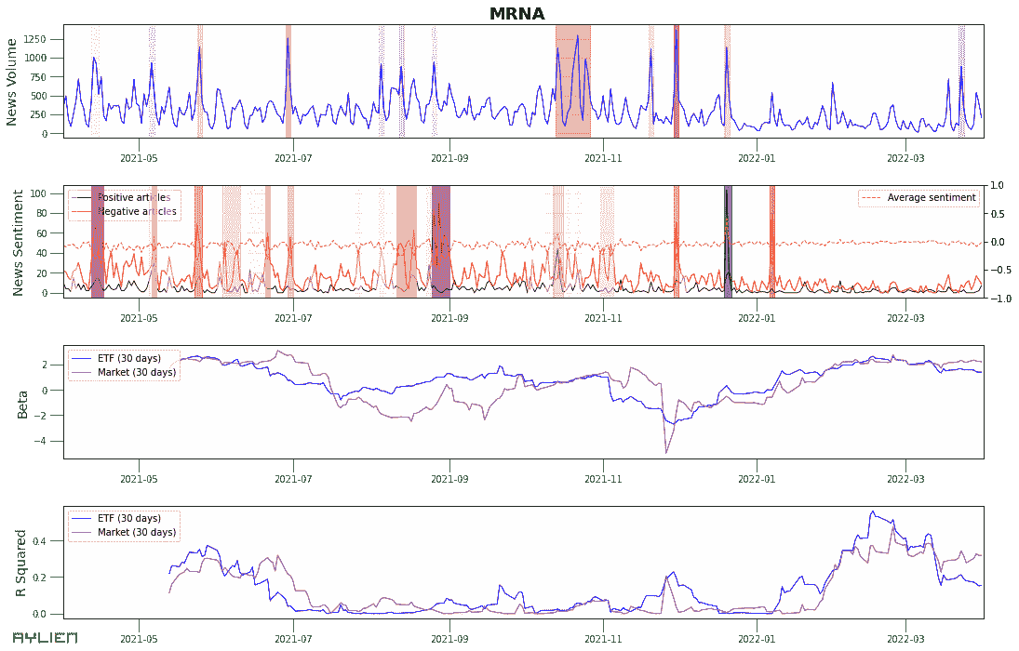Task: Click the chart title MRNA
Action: [x=516, y=13]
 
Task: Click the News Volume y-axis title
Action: [x=12, y=82]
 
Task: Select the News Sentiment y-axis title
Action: [x=18, y=241]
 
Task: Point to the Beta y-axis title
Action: [x=22, y=403]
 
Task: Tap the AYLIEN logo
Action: [x=44, y=638]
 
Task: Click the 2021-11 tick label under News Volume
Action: [x=603, y=159]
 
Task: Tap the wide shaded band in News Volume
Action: [x=572, y=82]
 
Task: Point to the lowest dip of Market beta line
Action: [x=666, y=452]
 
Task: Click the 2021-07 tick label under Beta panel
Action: [x=293, y=479]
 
